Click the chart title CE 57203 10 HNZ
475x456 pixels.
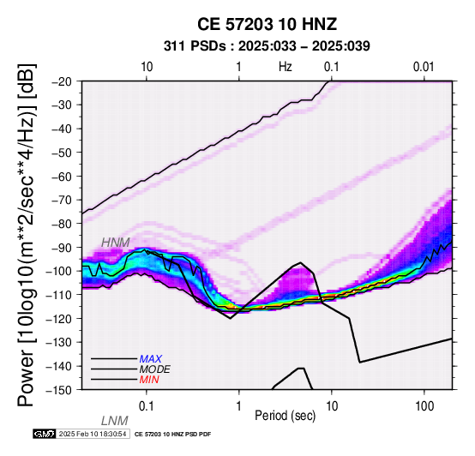click(x=267, y=24)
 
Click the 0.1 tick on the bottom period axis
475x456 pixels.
click(x=147, y=406)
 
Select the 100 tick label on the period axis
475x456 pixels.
click(x=424, y=406)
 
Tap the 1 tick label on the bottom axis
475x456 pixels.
click(x=238, y=406)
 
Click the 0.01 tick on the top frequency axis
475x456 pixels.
click(x=424, y=67)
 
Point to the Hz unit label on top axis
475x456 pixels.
click(x=286, y=67)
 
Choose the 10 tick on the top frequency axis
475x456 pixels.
click(x=147, y=67)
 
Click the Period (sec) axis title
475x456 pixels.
click(x=285, y=416)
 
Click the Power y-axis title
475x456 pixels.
click(x=27, y=235)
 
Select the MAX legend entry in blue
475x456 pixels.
click(x=151, y=359)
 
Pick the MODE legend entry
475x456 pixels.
click(x=155, y=369)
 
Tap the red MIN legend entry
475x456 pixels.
click(x=149, y=380)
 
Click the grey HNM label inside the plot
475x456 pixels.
click(x=116, y=243)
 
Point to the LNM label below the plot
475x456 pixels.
click(x=115, y=421)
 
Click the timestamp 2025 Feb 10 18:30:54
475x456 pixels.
click(x=93, y=434)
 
